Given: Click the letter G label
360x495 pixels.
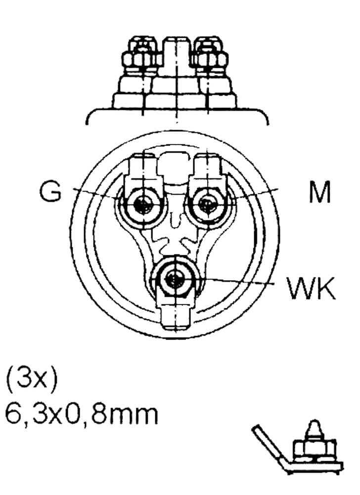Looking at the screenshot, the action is click(x=50, y=191).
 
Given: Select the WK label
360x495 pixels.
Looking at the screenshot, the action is click(x=311, y=288).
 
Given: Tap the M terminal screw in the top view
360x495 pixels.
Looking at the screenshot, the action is click(x=206, y=205).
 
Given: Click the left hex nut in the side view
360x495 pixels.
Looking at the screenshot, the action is click(x=142, y=58).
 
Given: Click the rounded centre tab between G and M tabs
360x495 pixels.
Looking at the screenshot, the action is click(x=175, y=167).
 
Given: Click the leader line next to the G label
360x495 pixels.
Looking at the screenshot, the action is click(x=94, y=193).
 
